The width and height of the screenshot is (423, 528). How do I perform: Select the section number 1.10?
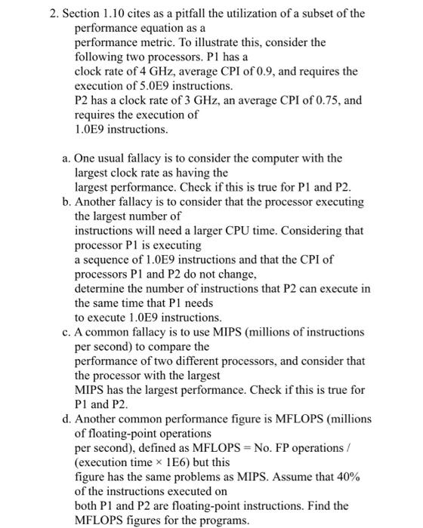point(110,14)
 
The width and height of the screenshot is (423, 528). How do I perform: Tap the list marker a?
point(63,158)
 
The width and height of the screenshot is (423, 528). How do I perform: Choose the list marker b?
point(64,202)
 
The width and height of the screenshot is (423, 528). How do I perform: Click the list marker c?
point(63,332)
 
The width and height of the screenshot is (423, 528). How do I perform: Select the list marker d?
point(64,419)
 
